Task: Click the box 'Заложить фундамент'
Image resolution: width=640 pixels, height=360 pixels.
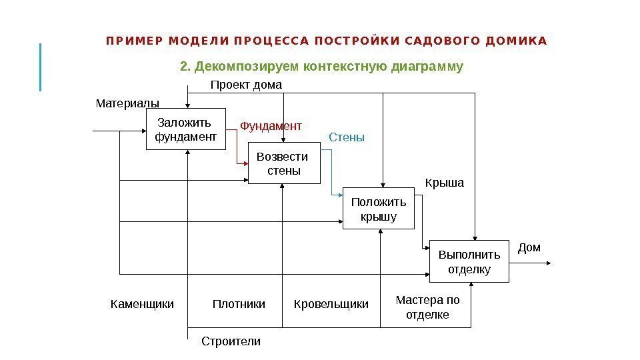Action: tap(185, 129)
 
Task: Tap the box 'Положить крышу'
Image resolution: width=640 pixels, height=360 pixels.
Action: tap(379, 209)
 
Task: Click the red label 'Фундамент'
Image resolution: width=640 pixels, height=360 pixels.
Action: tap(271, 125)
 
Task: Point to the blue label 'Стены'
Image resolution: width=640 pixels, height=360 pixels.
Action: tap(347, 137)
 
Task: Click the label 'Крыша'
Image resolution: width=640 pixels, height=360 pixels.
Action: tap(444, 182)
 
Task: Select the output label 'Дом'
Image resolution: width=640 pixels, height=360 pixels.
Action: tap(529, 248)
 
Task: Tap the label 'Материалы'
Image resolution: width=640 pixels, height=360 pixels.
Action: tap(128, 103)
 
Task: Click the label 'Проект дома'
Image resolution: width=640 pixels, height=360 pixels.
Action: tap(246, 85)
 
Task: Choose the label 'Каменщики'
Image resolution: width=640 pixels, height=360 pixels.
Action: tap(141, 304)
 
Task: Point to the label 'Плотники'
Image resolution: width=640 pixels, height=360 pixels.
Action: tap(239, 304)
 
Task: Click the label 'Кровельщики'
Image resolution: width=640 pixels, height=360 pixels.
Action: tap(331, 304)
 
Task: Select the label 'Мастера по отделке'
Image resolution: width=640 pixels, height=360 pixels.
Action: tap(427, 307)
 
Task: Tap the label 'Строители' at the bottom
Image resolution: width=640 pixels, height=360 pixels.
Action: tap(231, 341)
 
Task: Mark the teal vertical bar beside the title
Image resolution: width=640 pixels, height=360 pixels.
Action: tap(41, 67)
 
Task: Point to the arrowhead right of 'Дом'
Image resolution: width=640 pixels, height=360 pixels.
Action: tap(549, 263)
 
